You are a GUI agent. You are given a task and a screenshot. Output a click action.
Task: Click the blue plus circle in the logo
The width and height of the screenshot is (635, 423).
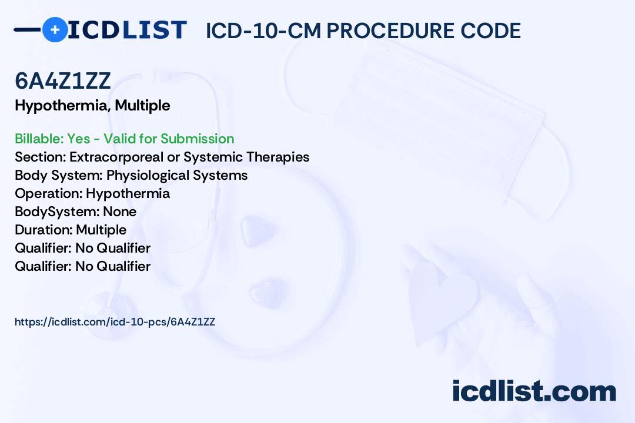tap(55, 29)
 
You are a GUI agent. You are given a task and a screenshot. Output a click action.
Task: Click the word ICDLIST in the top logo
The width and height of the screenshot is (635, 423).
tap(127, 30)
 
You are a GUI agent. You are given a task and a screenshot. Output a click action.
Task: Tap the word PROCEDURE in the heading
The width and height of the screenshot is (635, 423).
tap(390, 31)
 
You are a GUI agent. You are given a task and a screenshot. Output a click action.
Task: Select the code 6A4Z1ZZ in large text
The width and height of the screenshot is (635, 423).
tap(63, 80)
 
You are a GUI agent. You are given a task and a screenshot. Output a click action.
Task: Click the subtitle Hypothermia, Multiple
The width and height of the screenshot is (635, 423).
tap(92, 106)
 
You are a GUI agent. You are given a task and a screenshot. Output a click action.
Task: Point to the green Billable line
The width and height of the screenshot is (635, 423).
tap(124, 139)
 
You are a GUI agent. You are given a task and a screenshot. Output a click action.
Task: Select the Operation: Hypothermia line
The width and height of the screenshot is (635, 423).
tap(92, 193)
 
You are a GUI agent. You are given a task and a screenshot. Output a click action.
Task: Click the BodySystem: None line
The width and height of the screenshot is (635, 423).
tap(76, 211)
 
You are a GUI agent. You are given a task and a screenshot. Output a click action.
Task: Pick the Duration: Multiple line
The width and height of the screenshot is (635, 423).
tap(71, 230)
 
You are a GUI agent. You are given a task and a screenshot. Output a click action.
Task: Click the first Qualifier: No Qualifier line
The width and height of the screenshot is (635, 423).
tap(83, 248)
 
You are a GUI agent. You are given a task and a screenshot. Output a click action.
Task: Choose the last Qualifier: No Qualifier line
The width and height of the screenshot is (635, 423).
tap(83, 266)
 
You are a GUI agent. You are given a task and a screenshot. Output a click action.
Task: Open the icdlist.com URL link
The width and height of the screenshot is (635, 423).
tap(115, 322)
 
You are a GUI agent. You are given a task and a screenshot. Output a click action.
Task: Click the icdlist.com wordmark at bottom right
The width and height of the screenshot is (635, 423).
tap(534, 391)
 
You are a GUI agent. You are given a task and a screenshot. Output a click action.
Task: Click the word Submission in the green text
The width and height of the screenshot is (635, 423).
tap(197, 139)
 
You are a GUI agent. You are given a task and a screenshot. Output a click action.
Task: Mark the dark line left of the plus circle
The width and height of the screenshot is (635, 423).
tap(28, 29)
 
